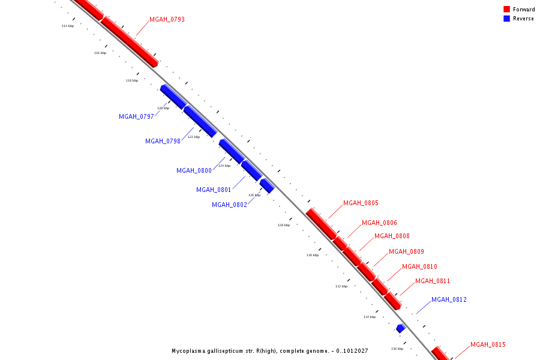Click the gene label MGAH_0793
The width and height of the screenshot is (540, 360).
click(167, 20)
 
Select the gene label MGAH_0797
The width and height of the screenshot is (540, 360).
click(136, 117)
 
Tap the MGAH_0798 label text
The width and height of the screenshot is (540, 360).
click(163, 142)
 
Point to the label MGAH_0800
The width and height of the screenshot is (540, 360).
click(194, 171)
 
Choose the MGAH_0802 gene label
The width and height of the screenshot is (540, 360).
click(229, 205)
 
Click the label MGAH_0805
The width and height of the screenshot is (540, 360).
click(361, 203)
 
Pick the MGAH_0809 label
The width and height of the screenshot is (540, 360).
click(406, 252)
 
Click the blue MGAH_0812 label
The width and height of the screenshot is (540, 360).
click(449, 300)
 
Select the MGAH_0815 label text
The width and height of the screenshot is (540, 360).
click(488, 345)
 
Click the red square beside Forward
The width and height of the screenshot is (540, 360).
click(506, 10)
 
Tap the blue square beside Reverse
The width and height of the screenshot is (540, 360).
click(506, 19)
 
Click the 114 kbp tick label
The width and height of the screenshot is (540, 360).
click(68, 26)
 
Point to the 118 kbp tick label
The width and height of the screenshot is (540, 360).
click(132, 80)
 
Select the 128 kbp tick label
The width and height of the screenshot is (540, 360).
click(284, 225)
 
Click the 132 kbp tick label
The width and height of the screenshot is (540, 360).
click(341, 286)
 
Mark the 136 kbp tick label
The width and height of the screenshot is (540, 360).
click(397, 349)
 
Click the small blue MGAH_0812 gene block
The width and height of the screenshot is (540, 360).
click(400, 328)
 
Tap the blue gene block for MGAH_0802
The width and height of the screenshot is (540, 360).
click(267, 185)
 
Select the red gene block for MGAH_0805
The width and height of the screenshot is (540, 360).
click(321, 223)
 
